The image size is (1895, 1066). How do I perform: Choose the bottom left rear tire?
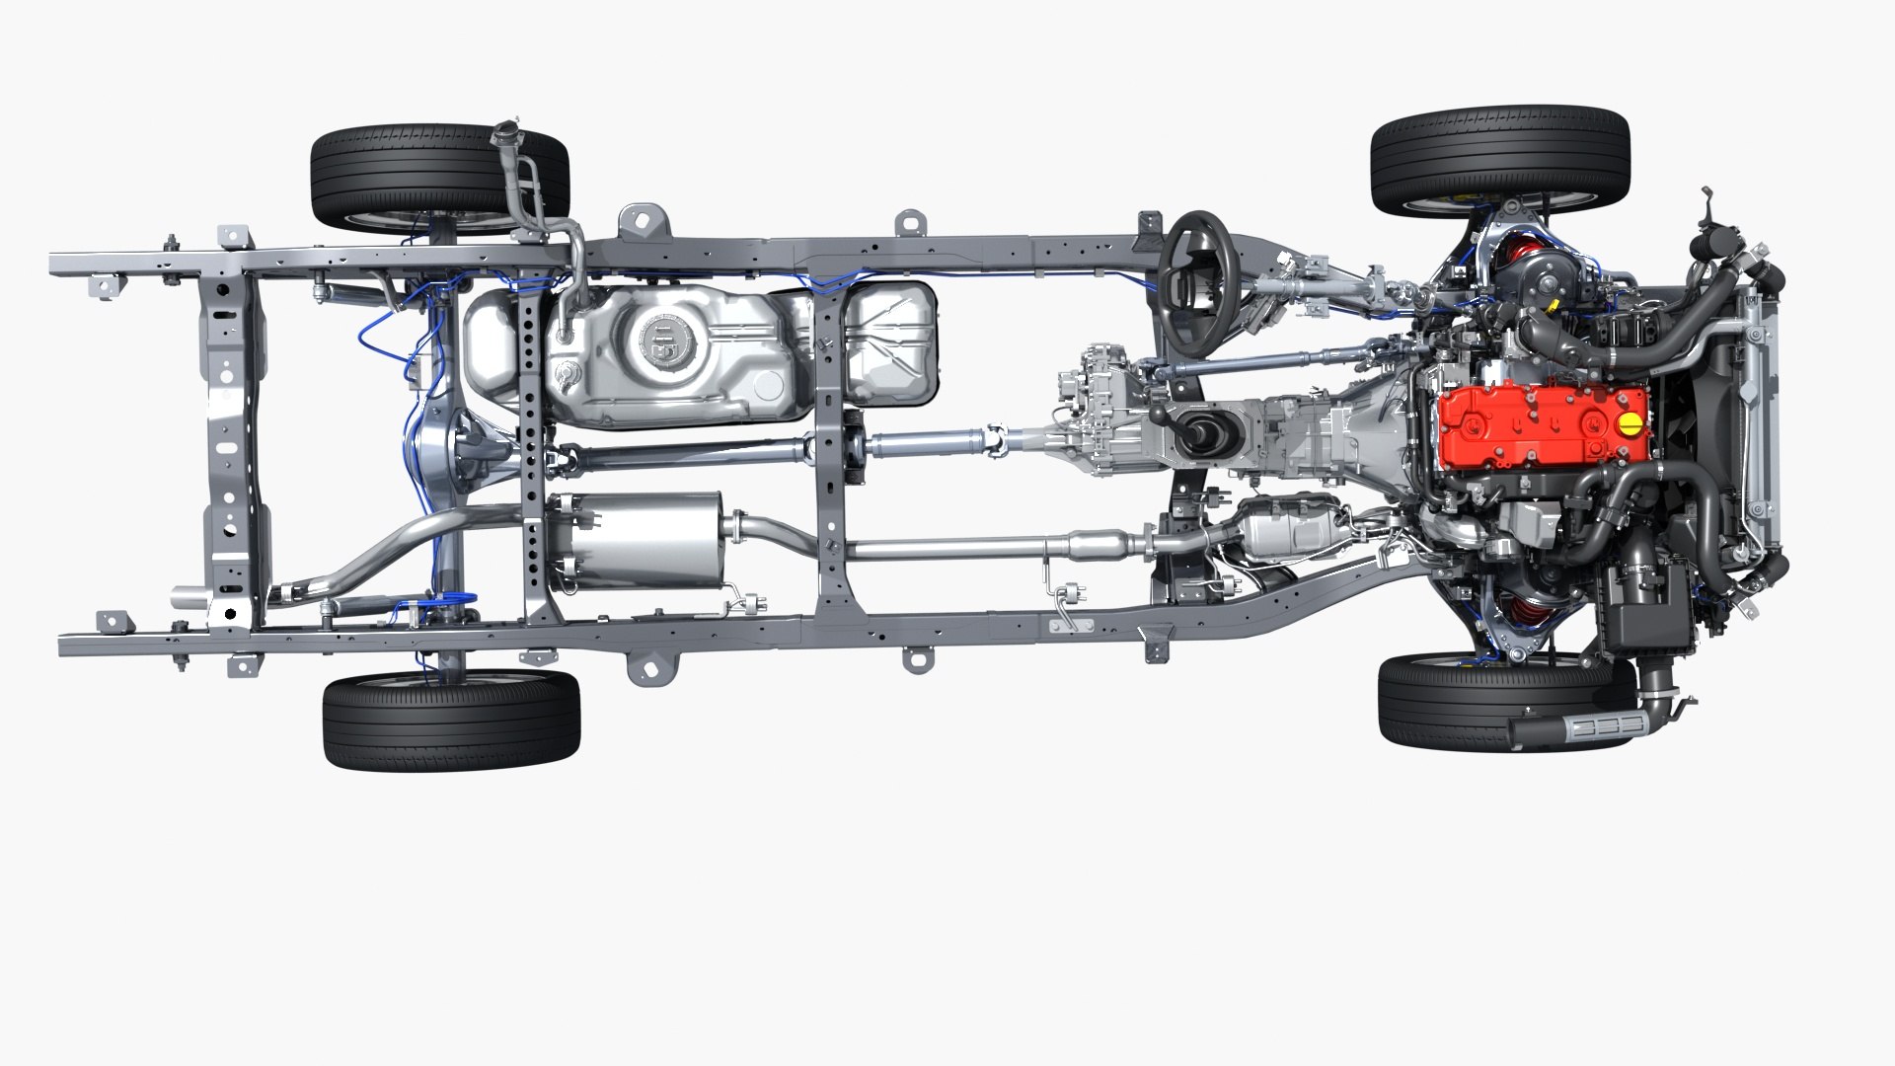451,720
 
